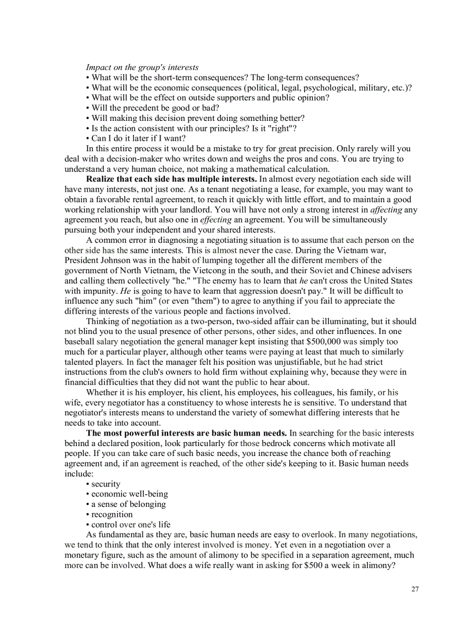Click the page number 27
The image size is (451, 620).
click(x=415, y=589)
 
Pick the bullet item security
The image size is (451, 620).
click(x=105, y=484)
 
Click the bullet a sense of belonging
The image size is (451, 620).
click(x=128, y=504)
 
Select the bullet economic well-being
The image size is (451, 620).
click(x=129, y=494)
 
